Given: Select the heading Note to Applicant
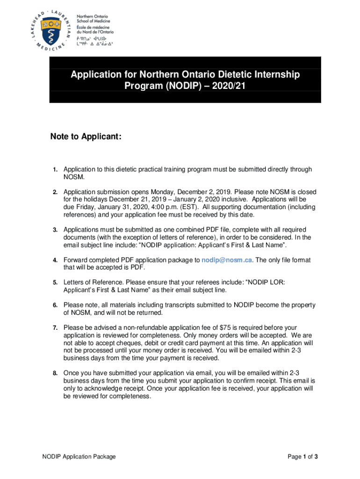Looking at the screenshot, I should tap(86, 137).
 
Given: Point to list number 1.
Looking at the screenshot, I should tap(55, 170).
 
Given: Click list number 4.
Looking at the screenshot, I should tap(55, 260).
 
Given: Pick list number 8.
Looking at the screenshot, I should tap(55, 373).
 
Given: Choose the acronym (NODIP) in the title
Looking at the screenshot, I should tap(179, 86).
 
